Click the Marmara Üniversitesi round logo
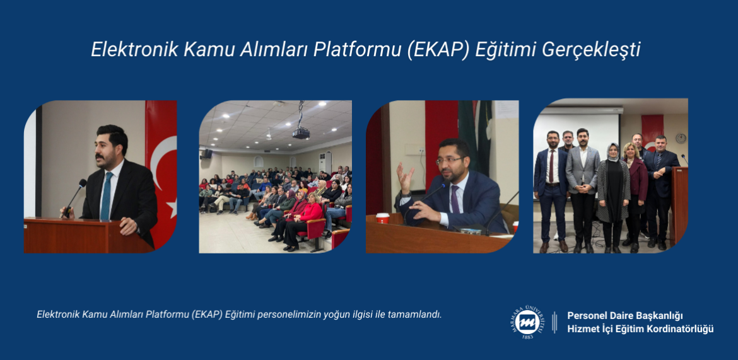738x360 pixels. click(527, 323)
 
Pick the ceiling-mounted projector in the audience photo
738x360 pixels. click(301, 132)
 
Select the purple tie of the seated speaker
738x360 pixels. click(455, 199)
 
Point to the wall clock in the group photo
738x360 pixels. click(681, 138)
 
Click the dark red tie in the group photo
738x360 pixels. click(552, 166)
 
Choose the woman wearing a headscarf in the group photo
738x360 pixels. click(613, 197)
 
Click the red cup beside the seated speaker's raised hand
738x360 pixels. click(383, 218)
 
